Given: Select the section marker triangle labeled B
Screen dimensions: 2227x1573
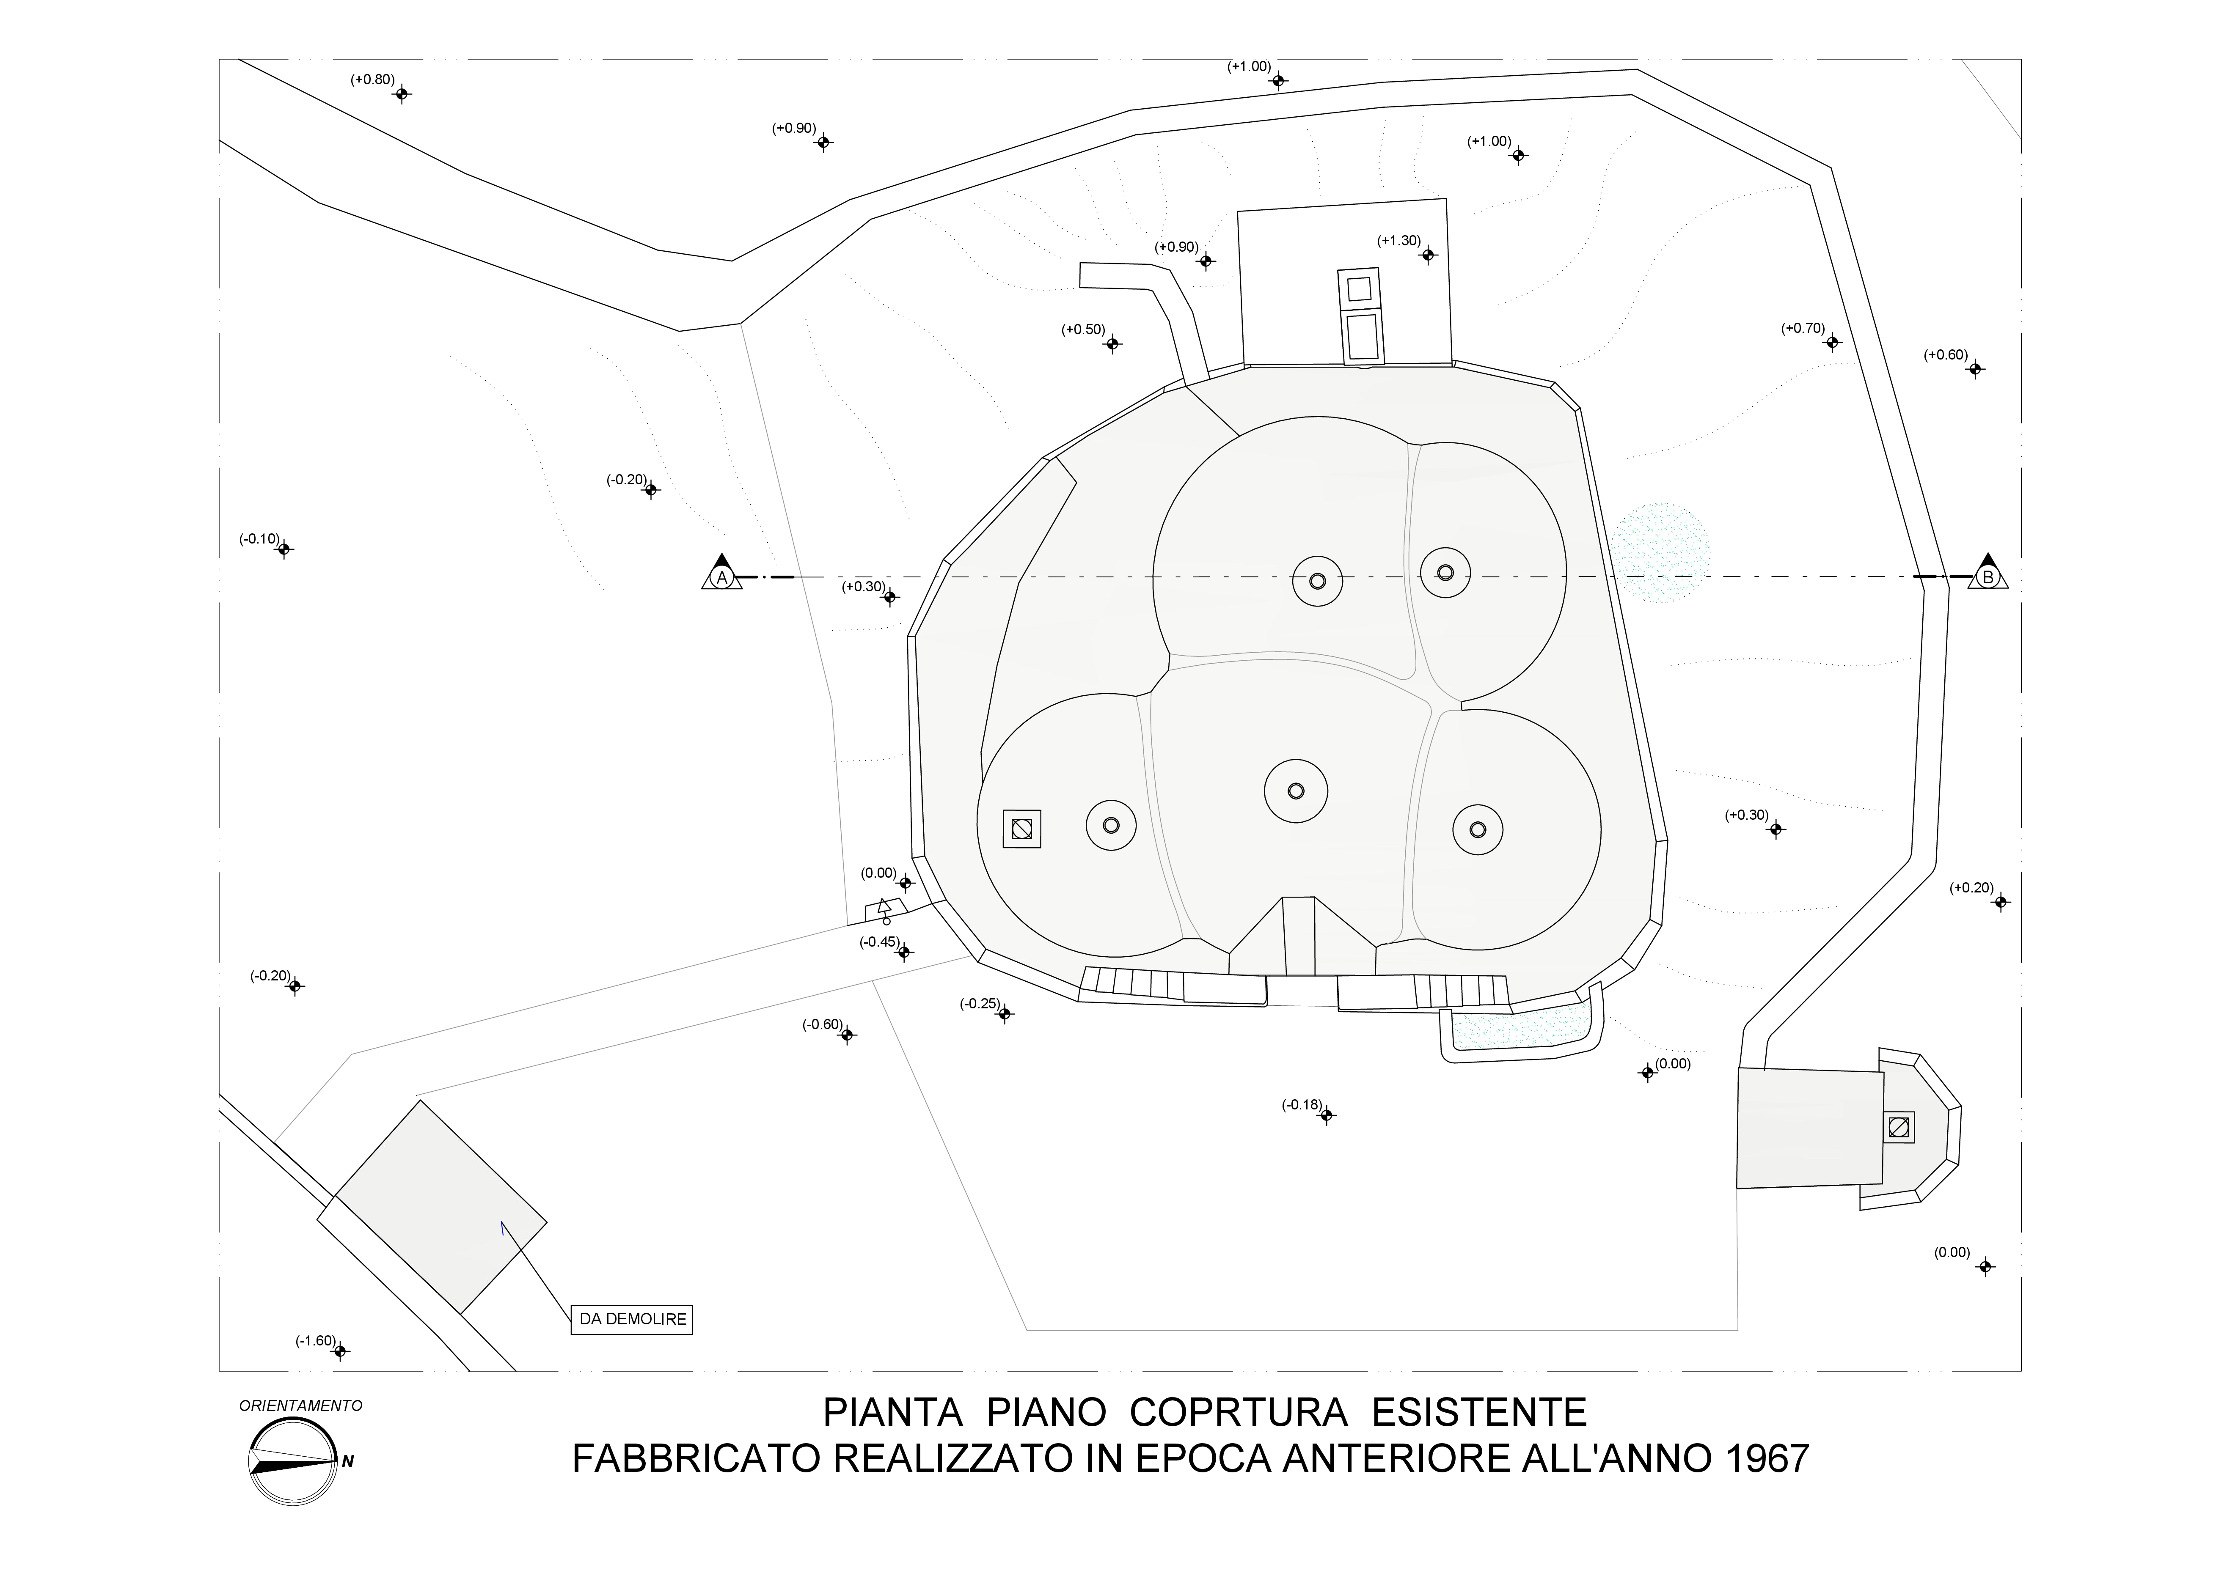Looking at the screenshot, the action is click(1988, 574).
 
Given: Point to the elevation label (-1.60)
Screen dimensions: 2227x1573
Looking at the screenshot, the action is click(315, 1341).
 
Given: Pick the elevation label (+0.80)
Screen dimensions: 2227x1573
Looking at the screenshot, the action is click(372, 80).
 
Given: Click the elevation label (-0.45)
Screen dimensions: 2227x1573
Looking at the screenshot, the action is click(880, 941).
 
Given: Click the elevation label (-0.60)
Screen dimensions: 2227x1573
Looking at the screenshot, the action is click(823, 1024).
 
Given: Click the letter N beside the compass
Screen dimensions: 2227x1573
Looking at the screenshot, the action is click(347, 1461).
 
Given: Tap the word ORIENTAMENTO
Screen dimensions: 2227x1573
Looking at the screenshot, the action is click(301, 1405).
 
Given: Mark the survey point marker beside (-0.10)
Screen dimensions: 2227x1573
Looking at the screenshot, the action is click(284, 549).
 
